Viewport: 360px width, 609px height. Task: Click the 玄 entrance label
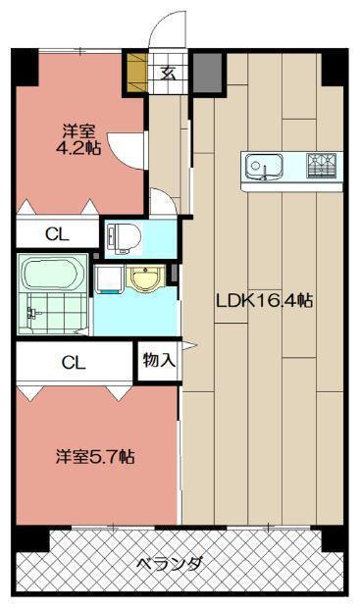[x=168, y=71]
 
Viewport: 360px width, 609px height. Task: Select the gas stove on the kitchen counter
[x=320, y=166]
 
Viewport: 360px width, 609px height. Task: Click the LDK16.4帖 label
[x=264, y=301]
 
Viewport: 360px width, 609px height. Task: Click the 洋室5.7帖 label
[x=94, y=456]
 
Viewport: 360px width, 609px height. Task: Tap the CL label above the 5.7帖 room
[x=74, y=362]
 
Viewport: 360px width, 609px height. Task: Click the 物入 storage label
[x=159, y=360]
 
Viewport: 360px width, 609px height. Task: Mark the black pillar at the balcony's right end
[x=334, y=538]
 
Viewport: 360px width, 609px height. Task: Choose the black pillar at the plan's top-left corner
[x=24, y=64]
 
